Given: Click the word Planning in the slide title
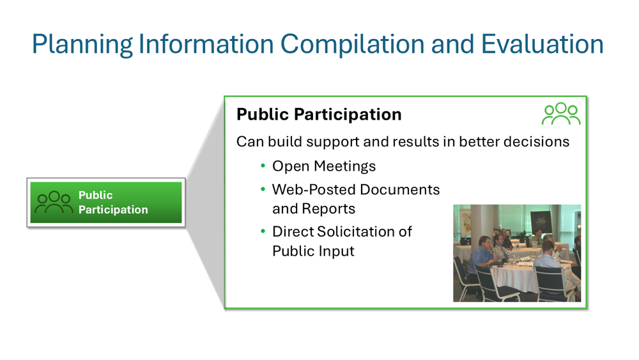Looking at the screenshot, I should pos(81,44).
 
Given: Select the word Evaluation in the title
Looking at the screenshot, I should pos(542,44).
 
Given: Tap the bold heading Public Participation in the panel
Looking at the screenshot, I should pos(319,114).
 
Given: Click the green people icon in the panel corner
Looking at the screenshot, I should pos(560,114).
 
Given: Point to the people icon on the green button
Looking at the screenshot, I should pos(54,203).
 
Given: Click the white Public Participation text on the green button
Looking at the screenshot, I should pos(112,203).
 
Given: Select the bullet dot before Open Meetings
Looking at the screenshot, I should pos(263,166).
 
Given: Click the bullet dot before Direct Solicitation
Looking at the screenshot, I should pos(263,231).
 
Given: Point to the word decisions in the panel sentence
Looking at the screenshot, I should pos(535,141).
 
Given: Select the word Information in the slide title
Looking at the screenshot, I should pos(203,44).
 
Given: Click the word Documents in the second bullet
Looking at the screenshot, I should pos(400,190).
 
